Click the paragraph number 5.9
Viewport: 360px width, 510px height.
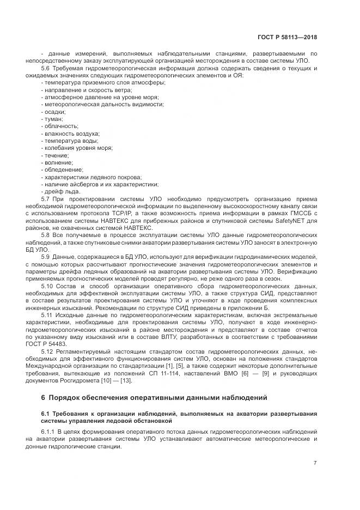46,256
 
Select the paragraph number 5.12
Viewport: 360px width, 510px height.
48,351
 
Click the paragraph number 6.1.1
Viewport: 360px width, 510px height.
50,431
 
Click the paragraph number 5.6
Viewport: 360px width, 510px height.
46,68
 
